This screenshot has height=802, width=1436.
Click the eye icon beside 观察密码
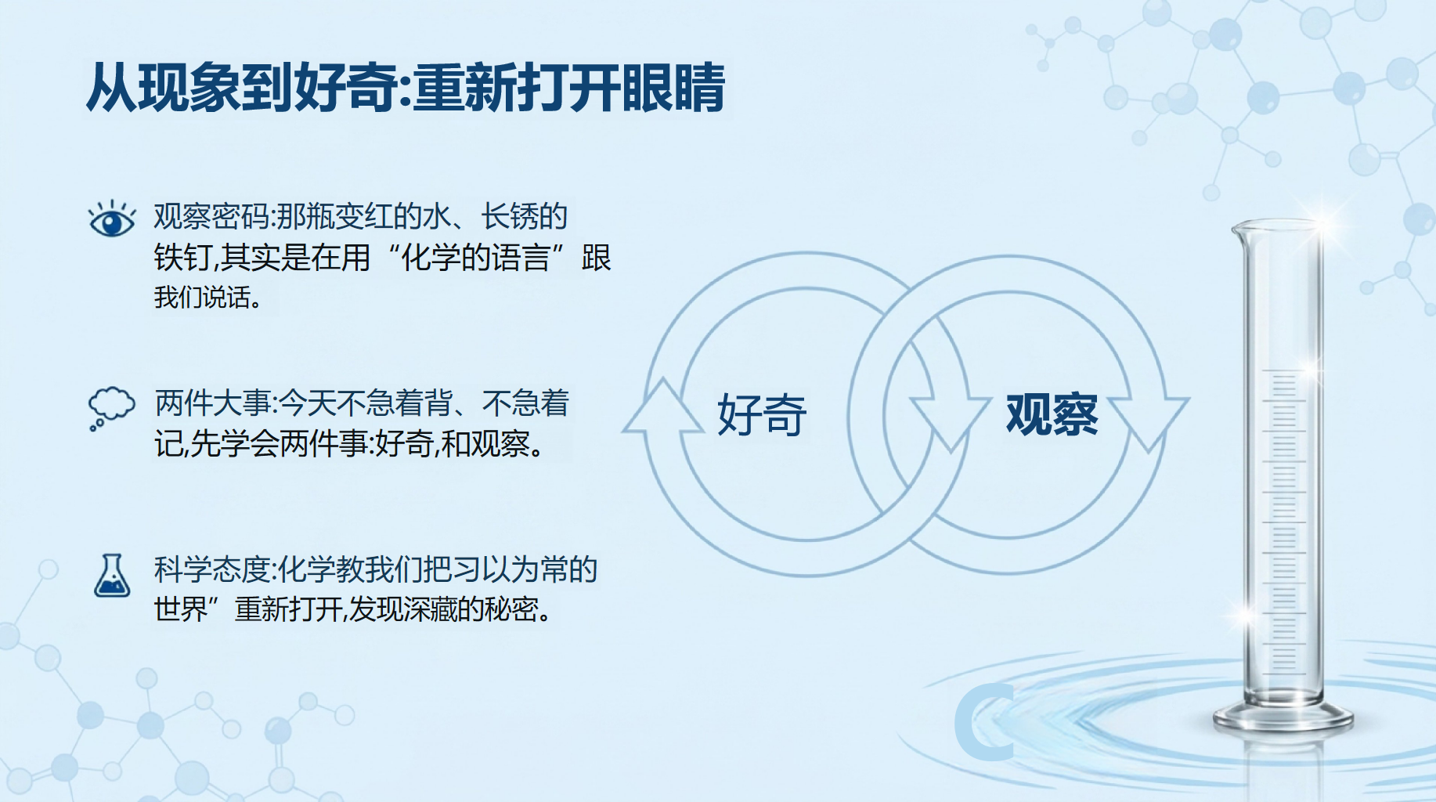pyautogui.click(x=112, y=219)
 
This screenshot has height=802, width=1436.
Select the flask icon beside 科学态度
pyautogui.click(x=112, y=576)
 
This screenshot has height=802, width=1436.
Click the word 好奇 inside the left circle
pyautogui.click(x=762, y=414)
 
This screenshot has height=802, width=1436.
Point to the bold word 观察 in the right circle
pyautogui.click(x=1052, y=414)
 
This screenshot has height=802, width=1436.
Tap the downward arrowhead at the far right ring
pyautogui.click(x=1149, y=423)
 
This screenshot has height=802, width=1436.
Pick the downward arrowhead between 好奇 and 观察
pyautogui.click(x=950, y=423)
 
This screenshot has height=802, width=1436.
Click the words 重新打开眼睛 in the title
pyautogui.click(x=569, y=88)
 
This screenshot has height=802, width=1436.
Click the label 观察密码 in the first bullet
pyautogui.click(x=211, y=217)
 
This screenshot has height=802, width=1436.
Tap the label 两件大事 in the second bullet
pyautogui.click(x=212, y=403)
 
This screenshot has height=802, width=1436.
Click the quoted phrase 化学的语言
pyautogui.click(x=475, y=258)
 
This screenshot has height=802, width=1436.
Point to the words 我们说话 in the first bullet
pyautogui.click(x=202, y=298)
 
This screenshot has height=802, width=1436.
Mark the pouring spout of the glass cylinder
pyautogui.click(x=1239, y=229)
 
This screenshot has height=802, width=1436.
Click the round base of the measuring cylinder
pyautogui.click(x=1283, y=717)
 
